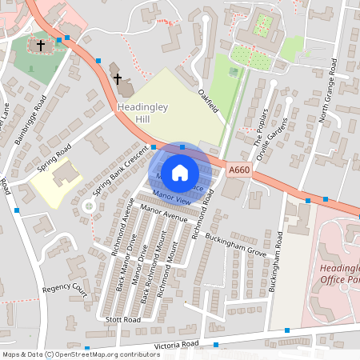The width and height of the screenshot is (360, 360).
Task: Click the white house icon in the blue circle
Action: [x=180, y=170]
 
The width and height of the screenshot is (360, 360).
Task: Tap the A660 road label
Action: [x=239, y=170]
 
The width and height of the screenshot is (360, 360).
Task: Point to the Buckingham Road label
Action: [x=277, y=262]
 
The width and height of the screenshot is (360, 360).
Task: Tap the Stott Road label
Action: [x=122, y=318]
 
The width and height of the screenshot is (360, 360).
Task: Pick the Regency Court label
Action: [x=64, y=287]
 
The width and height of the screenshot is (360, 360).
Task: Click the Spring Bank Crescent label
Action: [x=122, y=170]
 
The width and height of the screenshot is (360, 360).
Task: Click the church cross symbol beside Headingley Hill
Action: [x=118, y=79]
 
